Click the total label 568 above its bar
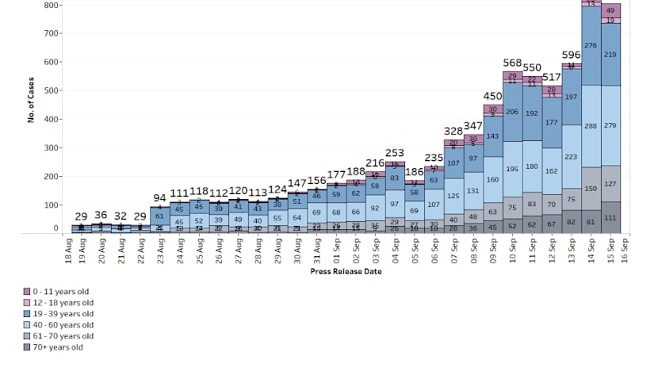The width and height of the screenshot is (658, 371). coord(512,63)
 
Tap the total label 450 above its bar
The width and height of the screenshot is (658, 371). coord(493,97)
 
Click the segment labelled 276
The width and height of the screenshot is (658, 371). coord(590,46)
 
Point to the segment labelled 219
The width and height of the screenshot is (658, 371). coord(610,55)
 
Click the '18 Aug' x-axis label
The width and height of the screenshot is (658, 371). coord(69,251)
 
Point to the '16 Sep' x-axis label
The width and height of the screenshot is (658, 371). coord(625,251)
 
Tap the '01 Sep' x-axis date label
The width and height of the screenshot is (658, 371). coord(337,251)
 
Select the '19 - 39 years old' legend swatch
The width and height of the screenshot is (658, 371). coord(27,314)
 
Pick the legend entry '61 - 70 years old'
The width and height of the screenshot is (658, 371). coord(59,336)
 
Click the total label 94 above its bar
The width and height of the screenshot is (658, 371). coord(159,197)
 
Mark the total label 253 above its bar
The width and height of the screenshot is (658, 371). coord(395,152)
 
